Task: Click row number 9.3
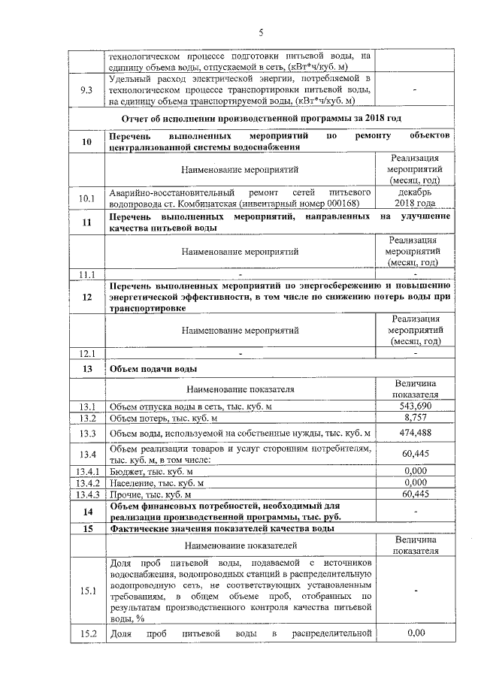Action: click(86, 91)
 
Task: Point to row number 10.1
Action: click(86, 198)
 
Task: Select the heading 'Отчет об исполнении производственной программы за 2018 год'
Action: click(261, 119)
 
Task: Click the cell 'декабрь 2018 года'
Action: click(415, 198)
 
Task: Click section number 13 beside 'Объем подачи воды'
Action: click(86, 370)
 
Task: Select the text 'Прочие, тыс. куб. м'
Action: click(150, 495)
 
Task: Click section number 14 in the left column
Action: click(86, 512)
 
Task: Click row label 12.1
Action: click(86, 353)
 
